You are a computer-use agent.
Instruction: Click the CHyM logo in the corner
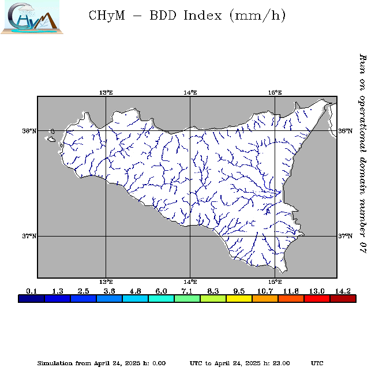pos(30,18)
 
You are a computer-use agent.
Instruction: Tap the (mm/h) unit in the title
pos(257,16)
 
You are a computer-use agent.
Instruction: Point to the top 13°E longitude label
pos(106,92)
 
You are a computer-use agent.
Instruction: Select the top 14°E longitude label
pos(190,92)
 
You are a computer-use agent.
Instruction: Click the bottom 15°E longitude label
pos(275,282)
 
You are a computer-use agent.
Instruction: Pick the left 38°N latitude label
pos(29,131)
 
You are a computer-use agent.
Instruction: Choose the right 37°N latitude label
pos(346,236)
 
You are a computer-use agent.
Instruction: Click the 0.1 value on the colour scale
pos(32,291)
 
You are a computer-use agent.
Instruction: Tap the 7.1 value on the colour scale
pos(187,291)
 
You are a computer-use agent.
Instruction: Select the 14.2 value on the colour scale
pos(342,291)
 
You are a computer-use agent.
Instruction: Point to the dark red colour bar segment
pos(343,299)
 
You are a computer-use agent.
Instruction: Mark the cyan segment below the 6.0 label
pos(161,299)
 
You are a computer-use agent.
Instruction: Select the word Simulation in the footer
pos(55,363)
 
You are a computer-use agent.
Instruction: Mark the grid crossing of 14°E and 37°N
pos(190,236)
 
